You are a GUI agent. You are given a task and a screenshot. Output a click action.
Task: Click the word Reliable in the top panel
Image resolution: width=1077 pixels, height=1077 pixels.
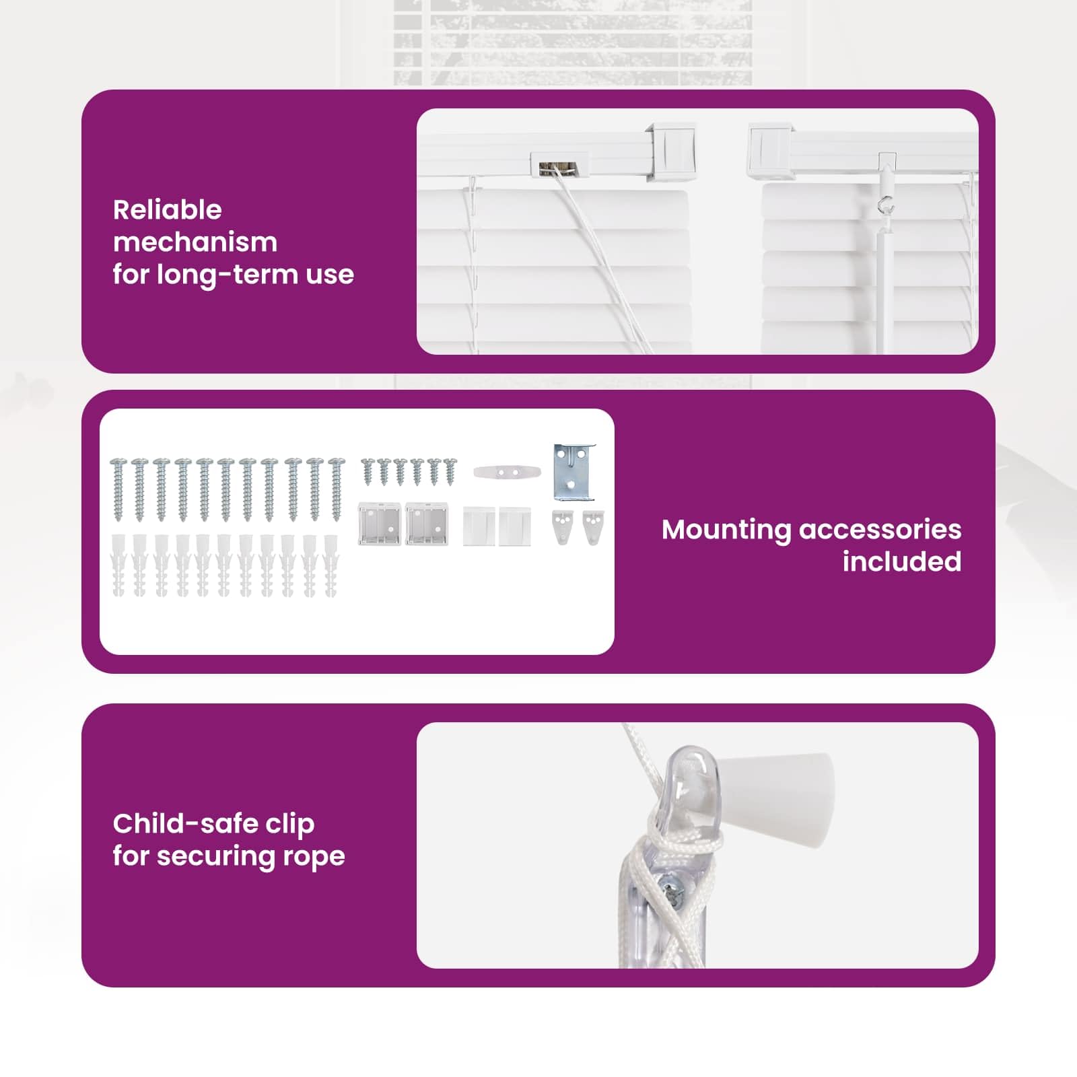point(167,210)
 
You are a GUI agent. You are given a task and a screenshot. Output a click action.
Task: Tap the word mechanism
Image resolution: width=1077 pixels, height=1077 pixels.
point(195,242)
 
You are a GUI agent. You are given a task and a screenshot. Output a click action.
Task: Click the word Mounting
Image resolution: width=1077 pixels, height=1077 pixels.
point(726,530)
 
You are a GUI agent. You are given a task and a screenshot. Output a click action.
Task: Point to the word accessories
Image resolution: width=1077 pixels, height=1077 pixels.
point(880,530)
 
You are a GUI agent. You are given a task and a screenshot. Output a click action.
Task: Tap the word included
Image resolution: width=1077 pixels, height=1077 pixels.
point(902,561)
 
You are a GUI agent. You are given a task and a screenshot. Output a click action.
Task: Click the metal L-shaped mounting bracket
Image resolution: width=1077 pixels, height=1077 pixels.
point(574,472)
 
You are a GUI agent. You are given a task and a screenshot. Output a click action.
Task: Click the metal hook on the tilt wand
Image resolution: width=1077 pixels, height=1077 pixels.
point(887,203)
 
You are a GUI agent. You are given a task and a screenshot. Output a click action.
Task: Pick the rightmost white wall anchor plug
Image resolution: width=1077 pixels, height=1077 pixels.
point(331,565)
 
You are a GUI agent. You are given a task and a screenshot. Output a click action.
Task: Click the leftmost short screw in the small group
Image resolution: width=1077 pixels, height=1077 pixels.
point(368,472)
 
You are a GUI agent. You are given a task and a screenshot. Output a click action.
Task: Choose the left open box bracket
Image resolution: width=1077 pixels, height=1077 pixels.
point(379,524)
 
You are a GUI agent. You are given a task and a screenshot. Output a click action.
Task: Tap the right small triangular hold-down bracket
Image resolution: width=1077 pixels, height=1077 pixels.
point(593,527)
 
